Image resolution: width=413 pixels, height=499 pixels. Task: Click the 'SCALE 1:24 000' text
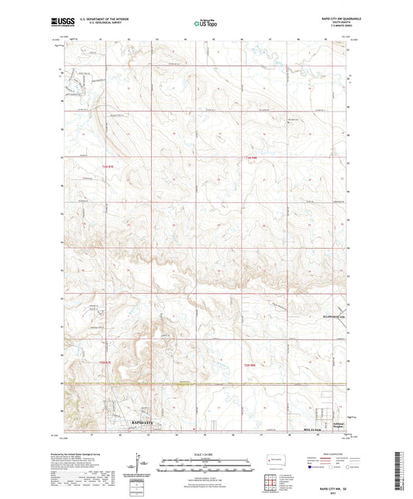pyautogui.click(x=205, y=453)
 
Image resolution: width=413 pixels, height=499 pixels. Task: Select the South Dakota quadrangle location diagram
pyautogui.click(x=275, y=460)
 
